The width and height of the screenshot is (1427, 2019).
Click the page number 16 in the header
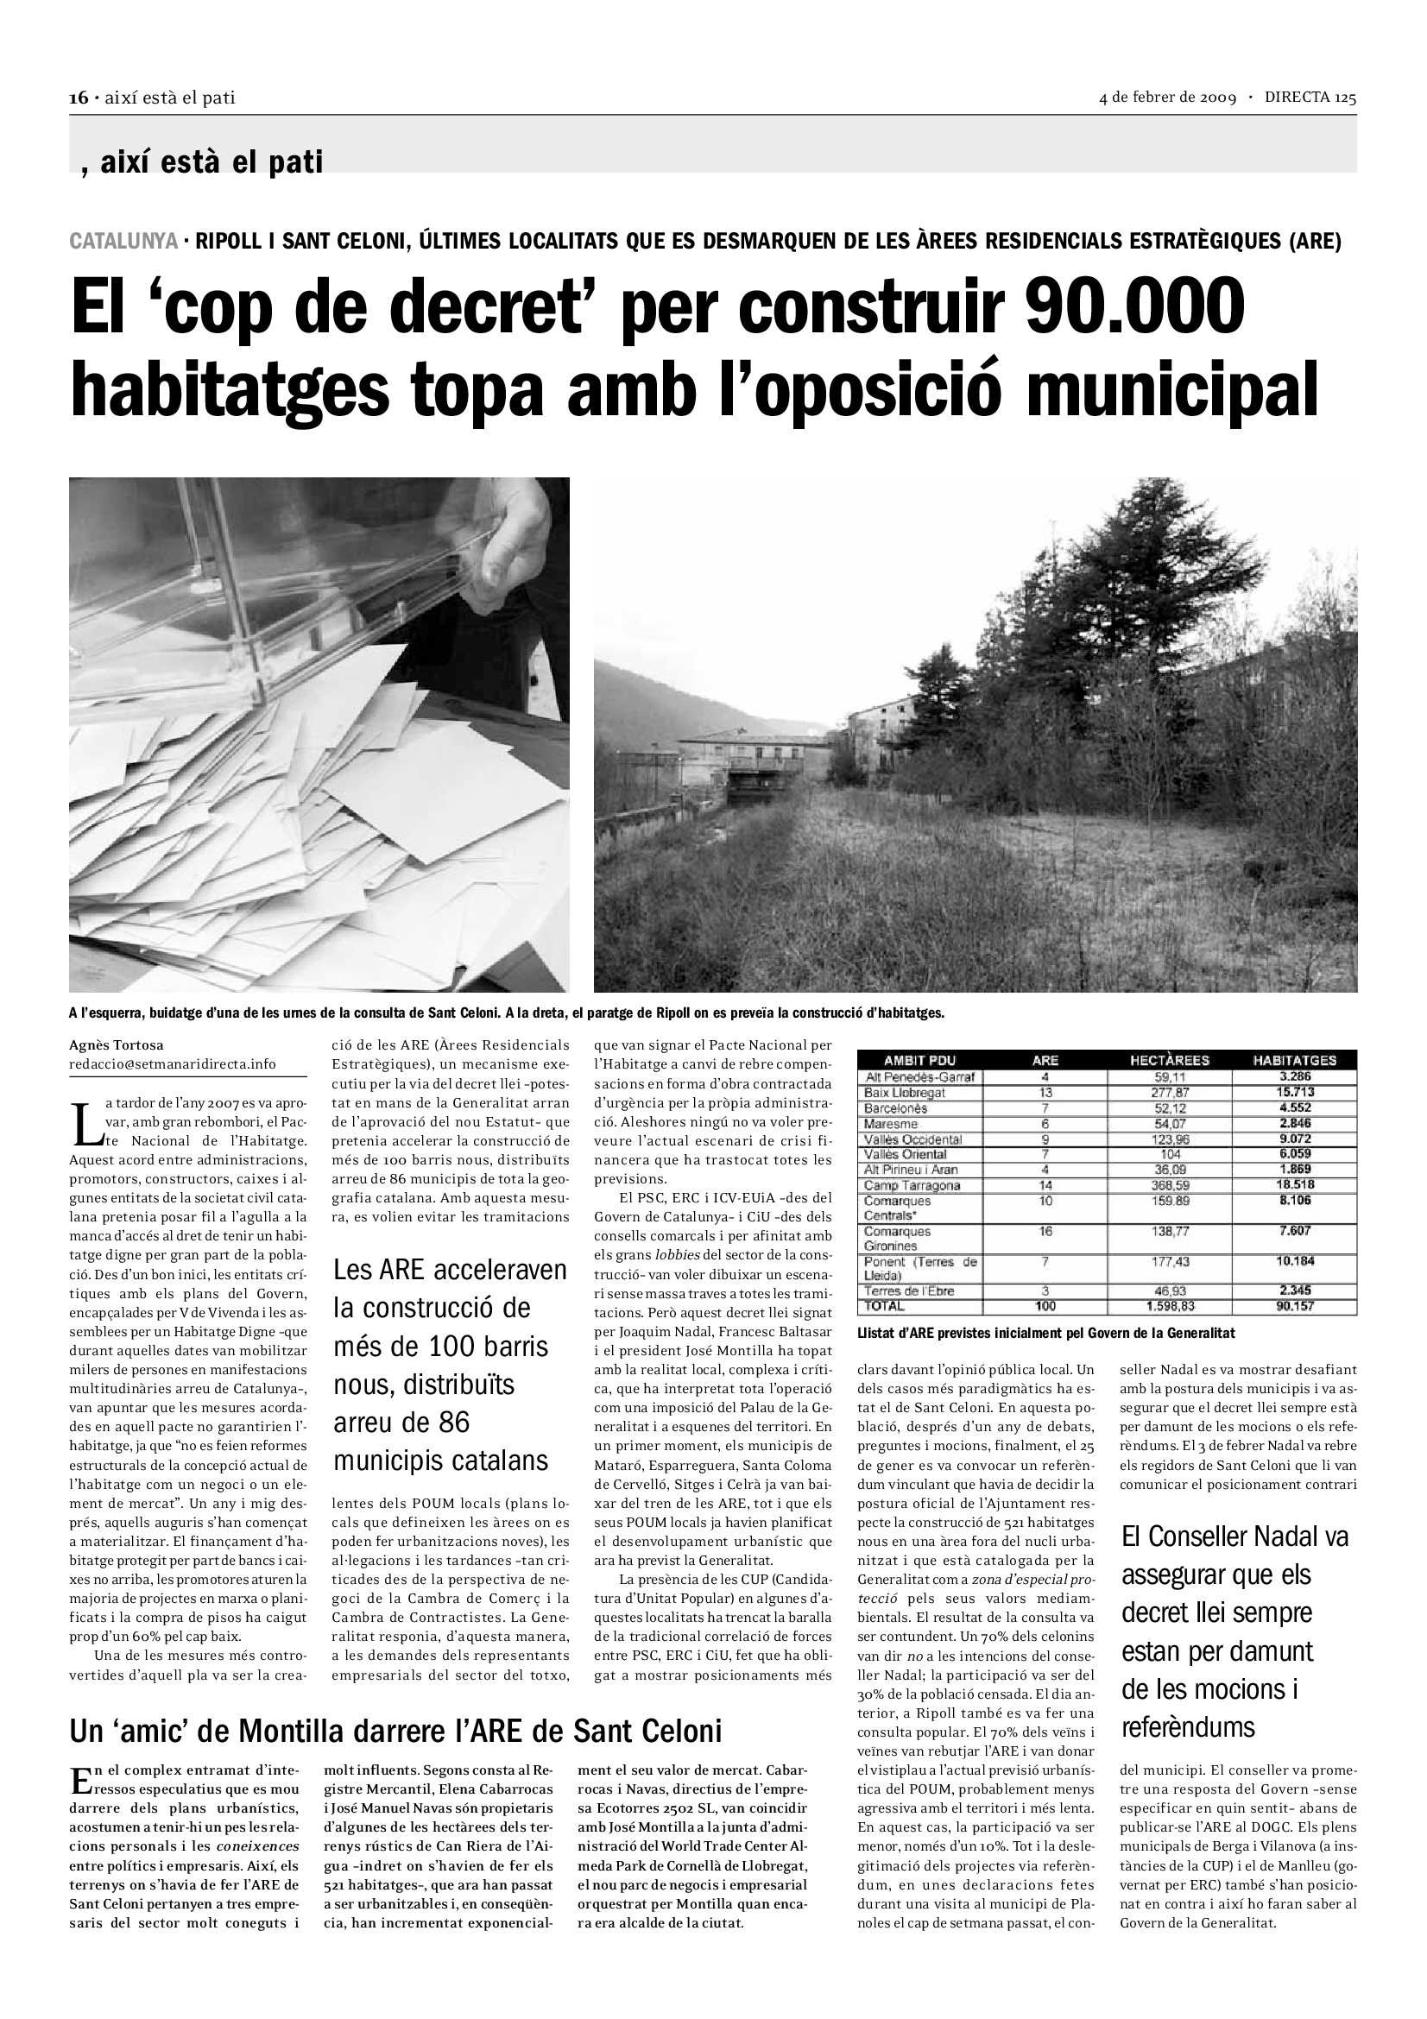(x=79, y=98)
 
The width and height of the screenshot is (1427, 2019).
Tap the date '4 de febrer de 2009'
(x=1168, y=98)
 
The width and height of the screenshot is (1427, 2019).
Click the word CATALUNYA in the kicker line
(x=123, y=241)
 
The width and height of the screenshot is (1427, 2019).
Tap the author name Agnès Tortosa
(x=116, y=1045)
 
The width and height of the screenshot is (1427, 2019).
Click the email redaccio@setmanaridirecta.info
(x=173, y=1064)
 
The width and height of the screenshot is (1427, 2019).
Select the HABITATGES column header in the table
(x=1294, y=1061)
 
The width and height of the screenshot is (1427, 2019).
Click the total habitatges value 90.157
(x=1295, y=1307)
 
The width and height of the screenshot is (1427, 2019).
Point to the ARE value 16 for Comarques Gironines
(x=1045, y=1232)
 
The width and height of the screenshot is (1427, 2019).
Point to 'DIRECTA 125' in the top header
(x=1310, y=98)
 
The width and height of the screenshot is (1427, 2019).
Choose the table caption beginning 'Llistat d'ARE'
(x=1045, y=1333)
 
